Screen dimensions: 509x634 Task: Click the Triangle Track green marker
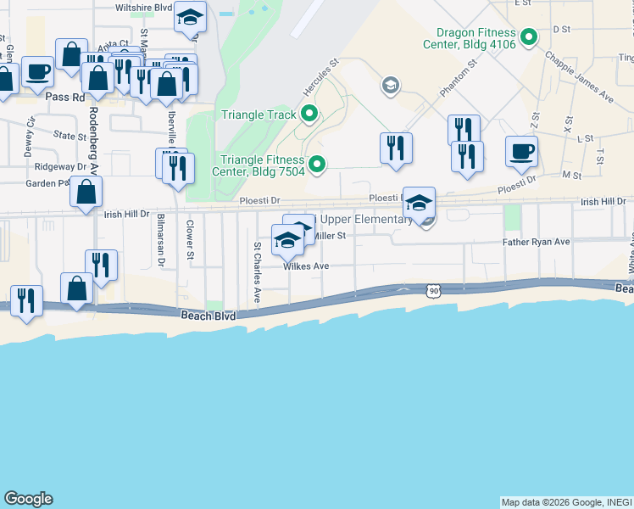click(309, 114)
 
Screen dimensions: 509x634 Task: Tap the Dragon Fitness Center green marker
click(529, 36)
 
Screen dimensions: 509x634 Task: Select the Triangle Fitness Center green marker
click(317, 165)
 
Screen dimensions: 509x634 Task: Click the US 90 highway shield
click(434, 292)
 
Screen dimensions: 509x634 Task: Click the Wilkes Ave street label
click(306, 266)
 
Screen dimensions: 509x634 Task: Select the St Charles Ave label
click(257, 272)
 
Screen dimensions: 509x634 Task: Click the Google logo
click(28, 499)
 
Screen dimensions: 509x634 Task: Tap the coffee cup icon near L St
click(521, 151)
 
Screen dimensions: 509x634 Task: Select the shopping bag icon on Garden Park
click(86, 193)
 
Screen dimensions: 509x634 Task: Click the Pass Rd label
click(66, 98)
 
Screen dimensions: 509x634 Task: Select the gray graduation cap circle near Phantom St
click(390, 84)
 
